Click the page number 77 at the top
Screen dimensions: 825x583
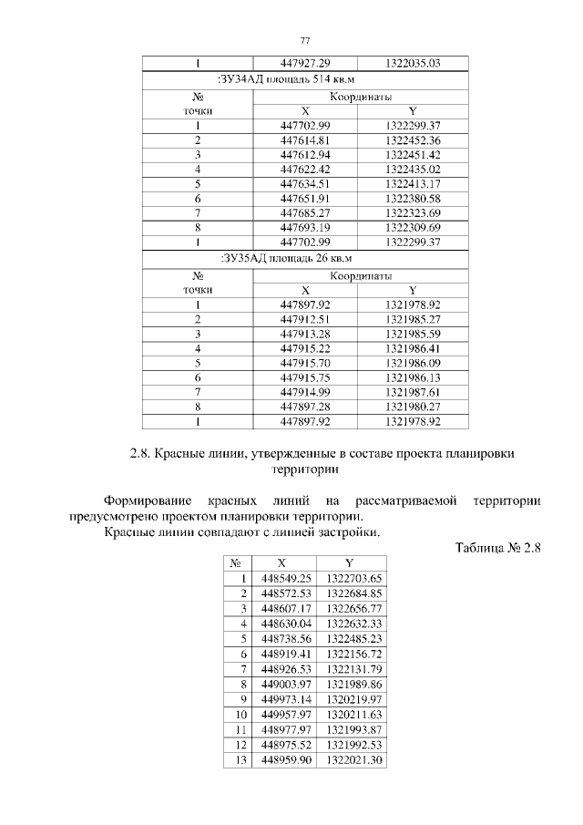(305, 40)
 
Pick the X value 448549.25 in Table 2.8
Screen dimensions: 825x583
(286, 578)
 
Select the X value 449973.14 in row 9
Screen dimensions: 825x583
(286, 698)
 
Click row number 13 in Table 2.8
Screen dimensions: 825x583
(241, 758)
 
